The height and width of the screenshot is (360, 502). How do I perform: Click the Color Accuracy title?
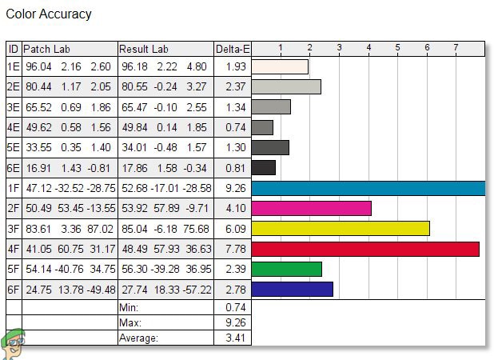pos(49,14)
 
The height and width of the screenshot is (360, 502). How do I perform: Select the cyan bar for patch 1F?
pos(368,188)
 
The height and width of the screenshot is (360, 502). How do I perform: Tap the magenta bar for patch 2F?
pos(311,208)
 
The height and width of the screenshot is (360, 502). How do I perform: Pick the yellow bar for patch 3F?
pos(341,228)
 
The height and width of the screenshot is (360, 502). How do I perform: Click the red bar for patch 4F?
pos(365,249)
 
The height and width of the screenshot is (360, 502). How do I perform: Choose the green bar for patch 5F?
pos(286,269)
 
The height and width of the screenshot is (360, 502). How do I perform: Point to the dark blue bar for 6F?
pos(292,289)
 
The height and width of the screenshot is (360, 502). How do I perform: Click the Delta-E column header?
pos(233,49)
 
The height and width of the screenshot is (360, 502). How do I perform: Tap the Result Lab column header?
pos(144,49)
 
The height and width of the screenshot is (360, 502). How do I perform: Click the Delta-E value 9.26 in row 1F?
pos(233,188)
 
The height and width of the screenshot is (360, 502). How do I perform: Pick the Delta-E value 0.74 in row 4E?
pos(233,127)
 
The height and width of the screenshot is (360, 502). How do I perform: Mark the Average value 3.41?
pos(233,338)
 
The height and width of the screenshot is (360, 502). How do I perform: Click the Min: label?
pos(129,307)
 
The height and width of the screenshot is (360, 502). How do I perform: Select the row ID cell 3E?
pos(14,107)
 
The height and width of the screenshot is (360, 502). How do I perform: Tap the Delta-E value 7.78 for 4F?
pos(233,249)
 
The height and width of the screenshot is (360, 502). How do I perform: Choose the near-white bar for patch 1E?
pos(280,67)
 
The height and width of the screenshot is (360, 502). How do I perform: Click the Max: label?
pos(130,322)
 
